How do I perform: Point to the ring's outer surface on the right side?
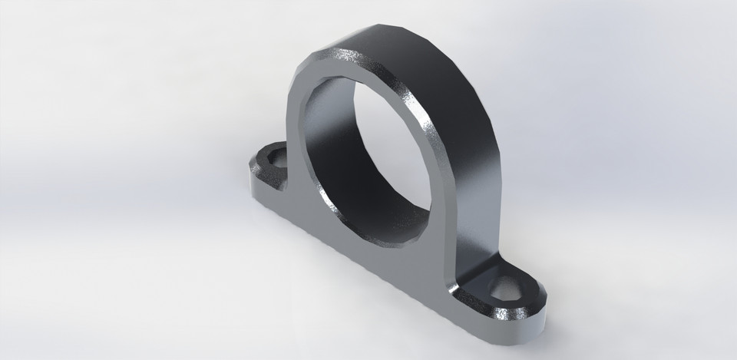(476, 154)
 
